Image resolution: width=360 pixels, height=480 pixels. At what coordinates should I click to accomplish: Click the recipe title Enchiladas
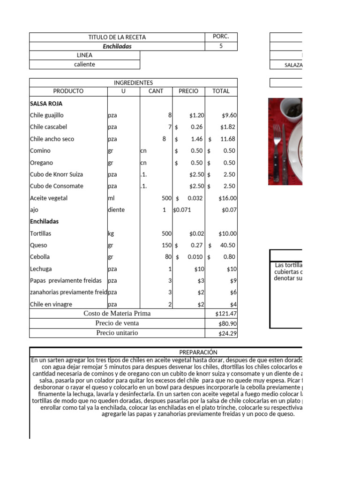117,46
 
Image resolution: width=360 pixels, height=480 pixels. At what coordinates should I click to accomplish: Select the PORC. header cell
221,37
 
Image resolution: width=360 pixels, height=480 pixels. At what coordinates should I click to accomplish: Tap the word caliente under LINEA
84,64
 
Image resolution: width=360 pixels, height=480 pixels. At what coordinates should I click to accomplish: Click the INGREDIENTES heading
133,82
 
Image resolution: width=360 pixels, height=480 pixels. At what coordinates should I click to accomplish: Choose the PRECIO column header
188,91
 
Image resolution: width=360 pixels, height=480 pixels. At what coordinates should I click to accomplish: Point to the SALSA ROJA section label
46,104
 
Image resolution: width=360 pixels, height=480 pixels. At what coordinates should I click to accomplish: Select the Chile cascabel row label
48,127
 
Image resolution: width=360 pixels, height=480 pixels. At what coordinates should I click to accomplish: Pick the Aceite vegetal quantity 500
167,198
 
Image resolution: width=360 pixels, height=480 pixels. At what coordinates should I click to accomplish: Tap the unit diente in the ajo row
116,210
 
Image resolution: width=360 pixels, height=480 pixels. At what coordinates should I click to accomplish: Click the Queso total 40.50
227,245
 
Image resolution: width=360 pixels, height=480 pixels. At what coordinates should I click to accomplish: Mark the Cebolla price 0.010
195,257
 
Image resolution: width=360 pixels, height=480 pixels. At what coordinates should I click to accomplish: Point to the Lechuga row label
41,269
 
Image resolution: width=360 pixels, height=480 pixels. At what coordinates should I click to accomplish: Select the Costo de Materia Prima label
117,313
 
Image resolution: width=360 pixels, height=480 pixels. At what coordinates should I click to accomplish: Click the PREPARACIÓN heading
198,352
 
